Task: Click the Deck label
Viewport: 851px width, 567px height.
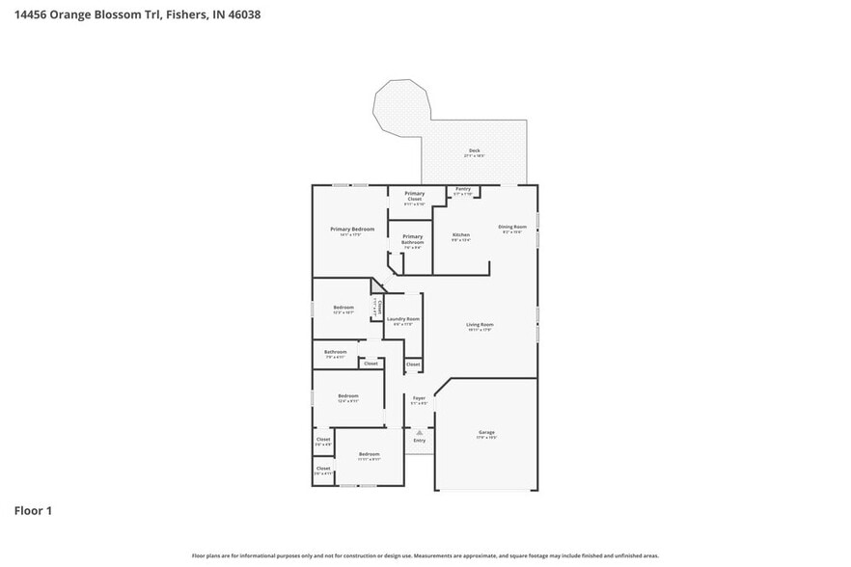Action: click(x=474, y=150)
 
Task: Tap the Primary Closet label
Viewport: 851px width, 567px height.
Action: click(x=414, y=196)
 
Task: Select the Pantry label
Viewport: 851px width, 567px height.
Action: click(x=463, y=189)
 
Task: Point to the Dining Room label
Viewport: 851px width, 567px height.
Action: click(x=511, y=227)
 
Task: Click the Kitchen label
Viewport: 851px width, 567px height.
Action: click(x=461, y=235)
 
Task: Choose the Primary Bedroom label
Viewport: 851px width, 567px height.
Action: click(x=352, y=229)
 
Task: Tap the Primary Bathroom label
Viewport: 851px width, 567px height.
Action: click(x=412, y=239)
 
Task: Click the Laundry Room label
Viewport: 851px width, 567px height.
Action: click(x=402, y=319)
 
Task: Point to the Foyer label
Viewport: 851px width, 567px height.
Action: click(x=419, y=397)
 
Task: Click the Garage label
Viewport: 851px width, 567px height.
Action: click(x=486, y=432)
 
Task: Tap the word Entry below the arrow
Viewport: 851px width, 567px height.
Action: click(x=419, y=441)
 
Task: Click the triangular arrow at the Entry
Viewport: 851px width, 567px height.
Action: click(x=419, y=432)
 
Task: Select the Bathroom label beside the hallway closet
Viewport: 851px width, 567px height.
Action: click(x=335, y=352)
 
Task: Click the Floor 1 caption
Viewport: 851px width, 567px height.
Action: click(x=33, y=510)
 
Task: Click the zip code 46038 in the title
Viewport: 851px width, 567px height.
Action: click(x=241, y=14)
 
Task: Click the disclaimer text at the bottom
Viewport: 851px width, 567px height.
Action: click(x=425, y=555)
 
